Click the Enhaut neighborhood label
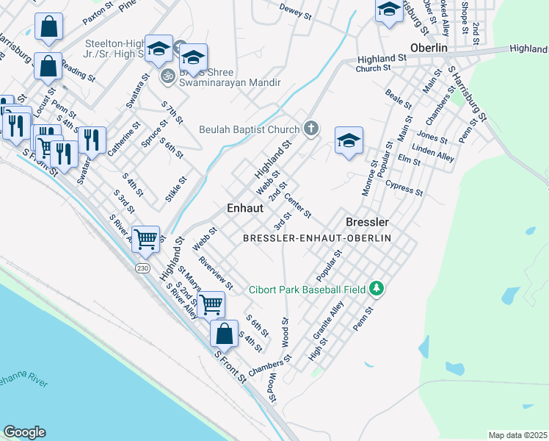pyautogui.click(x=245, y=208)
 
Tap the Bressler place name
pyautogui.click(x=367, y=221)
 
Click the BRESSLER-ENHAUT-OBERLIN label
pyautogui.click(x=317, y=238)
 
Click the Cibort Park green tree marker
pyautogui.click(x=377, y=289)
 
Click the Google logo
pyautogui.click(x=24, y=431)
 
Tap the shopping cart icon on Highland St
pyautogui.click(x=146, y=237)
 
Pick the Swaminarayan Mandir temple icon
pyautogui.click(x=167, y=75)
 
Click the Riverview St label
pyautogui.click(x=215, y=274)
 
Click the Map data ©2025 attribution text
pyautogui.click(x=517, y=435)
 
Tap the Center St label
pyautogui.click(x=298, y=206)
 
